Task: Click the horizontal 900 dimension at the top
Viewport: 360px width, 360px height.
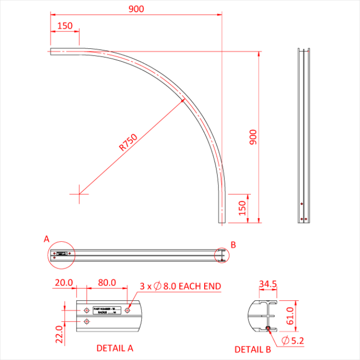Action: pyautogui.click(x=136, y=9)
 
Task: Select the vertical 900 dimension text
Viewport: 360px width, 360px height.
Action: pyautogui.click(x=253, y=137)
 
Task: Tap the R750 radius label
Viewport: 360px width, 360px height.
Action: pyautogui.click(x=128, y=143)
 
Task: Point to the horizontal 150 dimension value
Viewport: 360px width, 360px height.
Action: pyautogui.click(x=65, y=26)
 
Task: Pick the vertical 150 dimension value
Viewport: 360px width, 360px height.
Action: pyautogui.click(x=242, y=209)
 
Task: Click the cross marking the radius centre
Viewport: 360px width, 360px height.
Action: pyautogui.click(x=79, y=193)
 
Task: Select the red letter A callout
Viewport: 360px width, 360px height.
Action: pyautogui.click(x=46, y=239)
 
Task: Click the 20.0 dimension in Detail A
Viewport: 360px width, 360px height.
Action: pyautogui.click(x=64, y=283)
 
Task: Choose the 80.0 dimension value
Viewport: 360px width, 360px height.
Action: pyautogui.click(x=106, y=283)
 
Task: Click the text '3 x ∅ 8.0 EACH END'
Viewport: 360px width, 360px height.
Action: pyautogui.click(x=181, y=286)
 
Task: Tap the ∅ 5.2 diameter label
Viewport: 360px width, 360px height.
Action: pyautogui.click(x=294, y=340)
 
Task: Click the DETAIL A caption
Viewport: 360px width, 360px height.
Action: pyautogui.click(x=115, y=348)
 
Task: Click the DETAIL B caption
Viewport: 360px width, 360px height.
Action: pyautogui.click(x=253, y=349)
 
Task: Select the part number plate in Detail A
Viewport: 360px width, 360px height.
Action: pyautogui.click(x=106, y=311)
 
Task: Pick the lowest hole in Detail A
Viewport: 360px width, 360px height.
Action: pyautogui.click(x=86, y=321)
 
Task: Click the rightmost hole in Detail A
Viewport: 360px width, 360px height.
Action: pyautogui.click(x=128, y=310)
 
